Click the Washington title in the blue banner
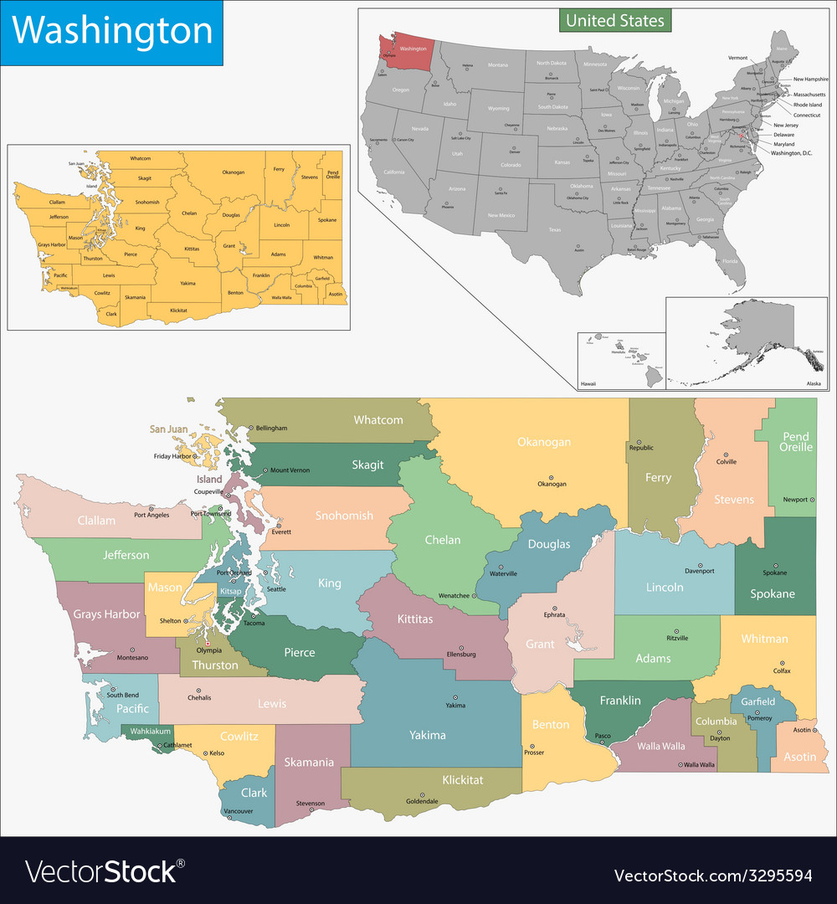[x=112, y=32]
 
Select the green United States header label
[x=615, y=20]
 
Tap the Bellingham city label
[x=271, y=428]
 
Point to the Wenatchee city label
[x=454, y=596]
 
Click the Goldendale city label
[x=422, y=801]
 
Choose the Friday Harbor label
[x=174, y=456]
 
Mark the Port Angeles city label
[x=151, y=515]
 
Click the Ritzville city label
[x=676, y=638]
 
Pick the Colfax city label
[x=782, y=671]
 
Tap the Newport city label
[x=795, y=500]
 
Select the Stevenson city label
[x=310, y=804]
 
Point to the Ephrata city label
[x=553, y=614]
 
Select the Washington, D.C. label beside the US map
[x=791, y=153]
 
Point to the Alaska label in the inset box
[x=813, y=383]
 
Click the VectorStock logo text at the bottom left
[x=100, y=872]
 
